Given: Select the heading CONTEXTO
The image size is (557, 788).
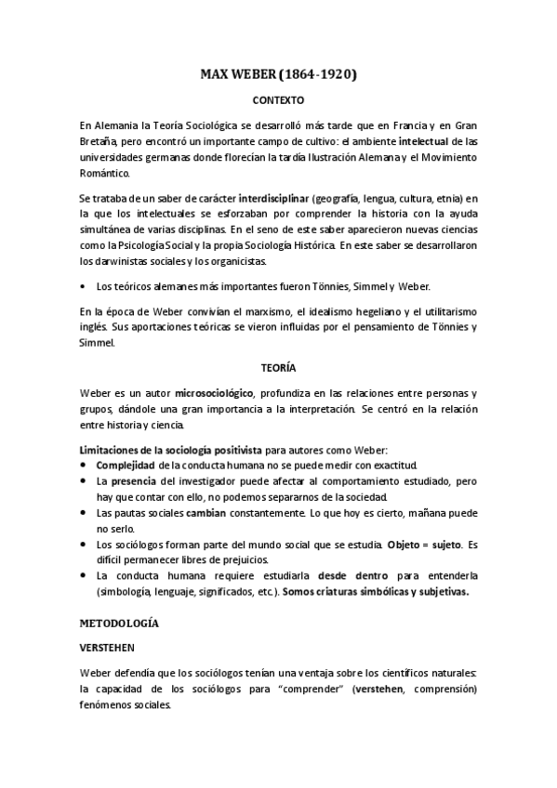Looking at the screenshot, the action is [278, 98].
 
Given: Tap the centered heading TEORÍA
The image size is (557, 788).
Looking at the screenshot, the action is [278, 367].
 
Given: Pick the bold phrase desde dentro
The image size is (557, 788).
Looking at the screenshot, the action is [351, 576].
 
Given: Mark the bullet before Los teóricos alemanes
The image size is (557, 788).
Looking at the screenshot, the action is [85, 287].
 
